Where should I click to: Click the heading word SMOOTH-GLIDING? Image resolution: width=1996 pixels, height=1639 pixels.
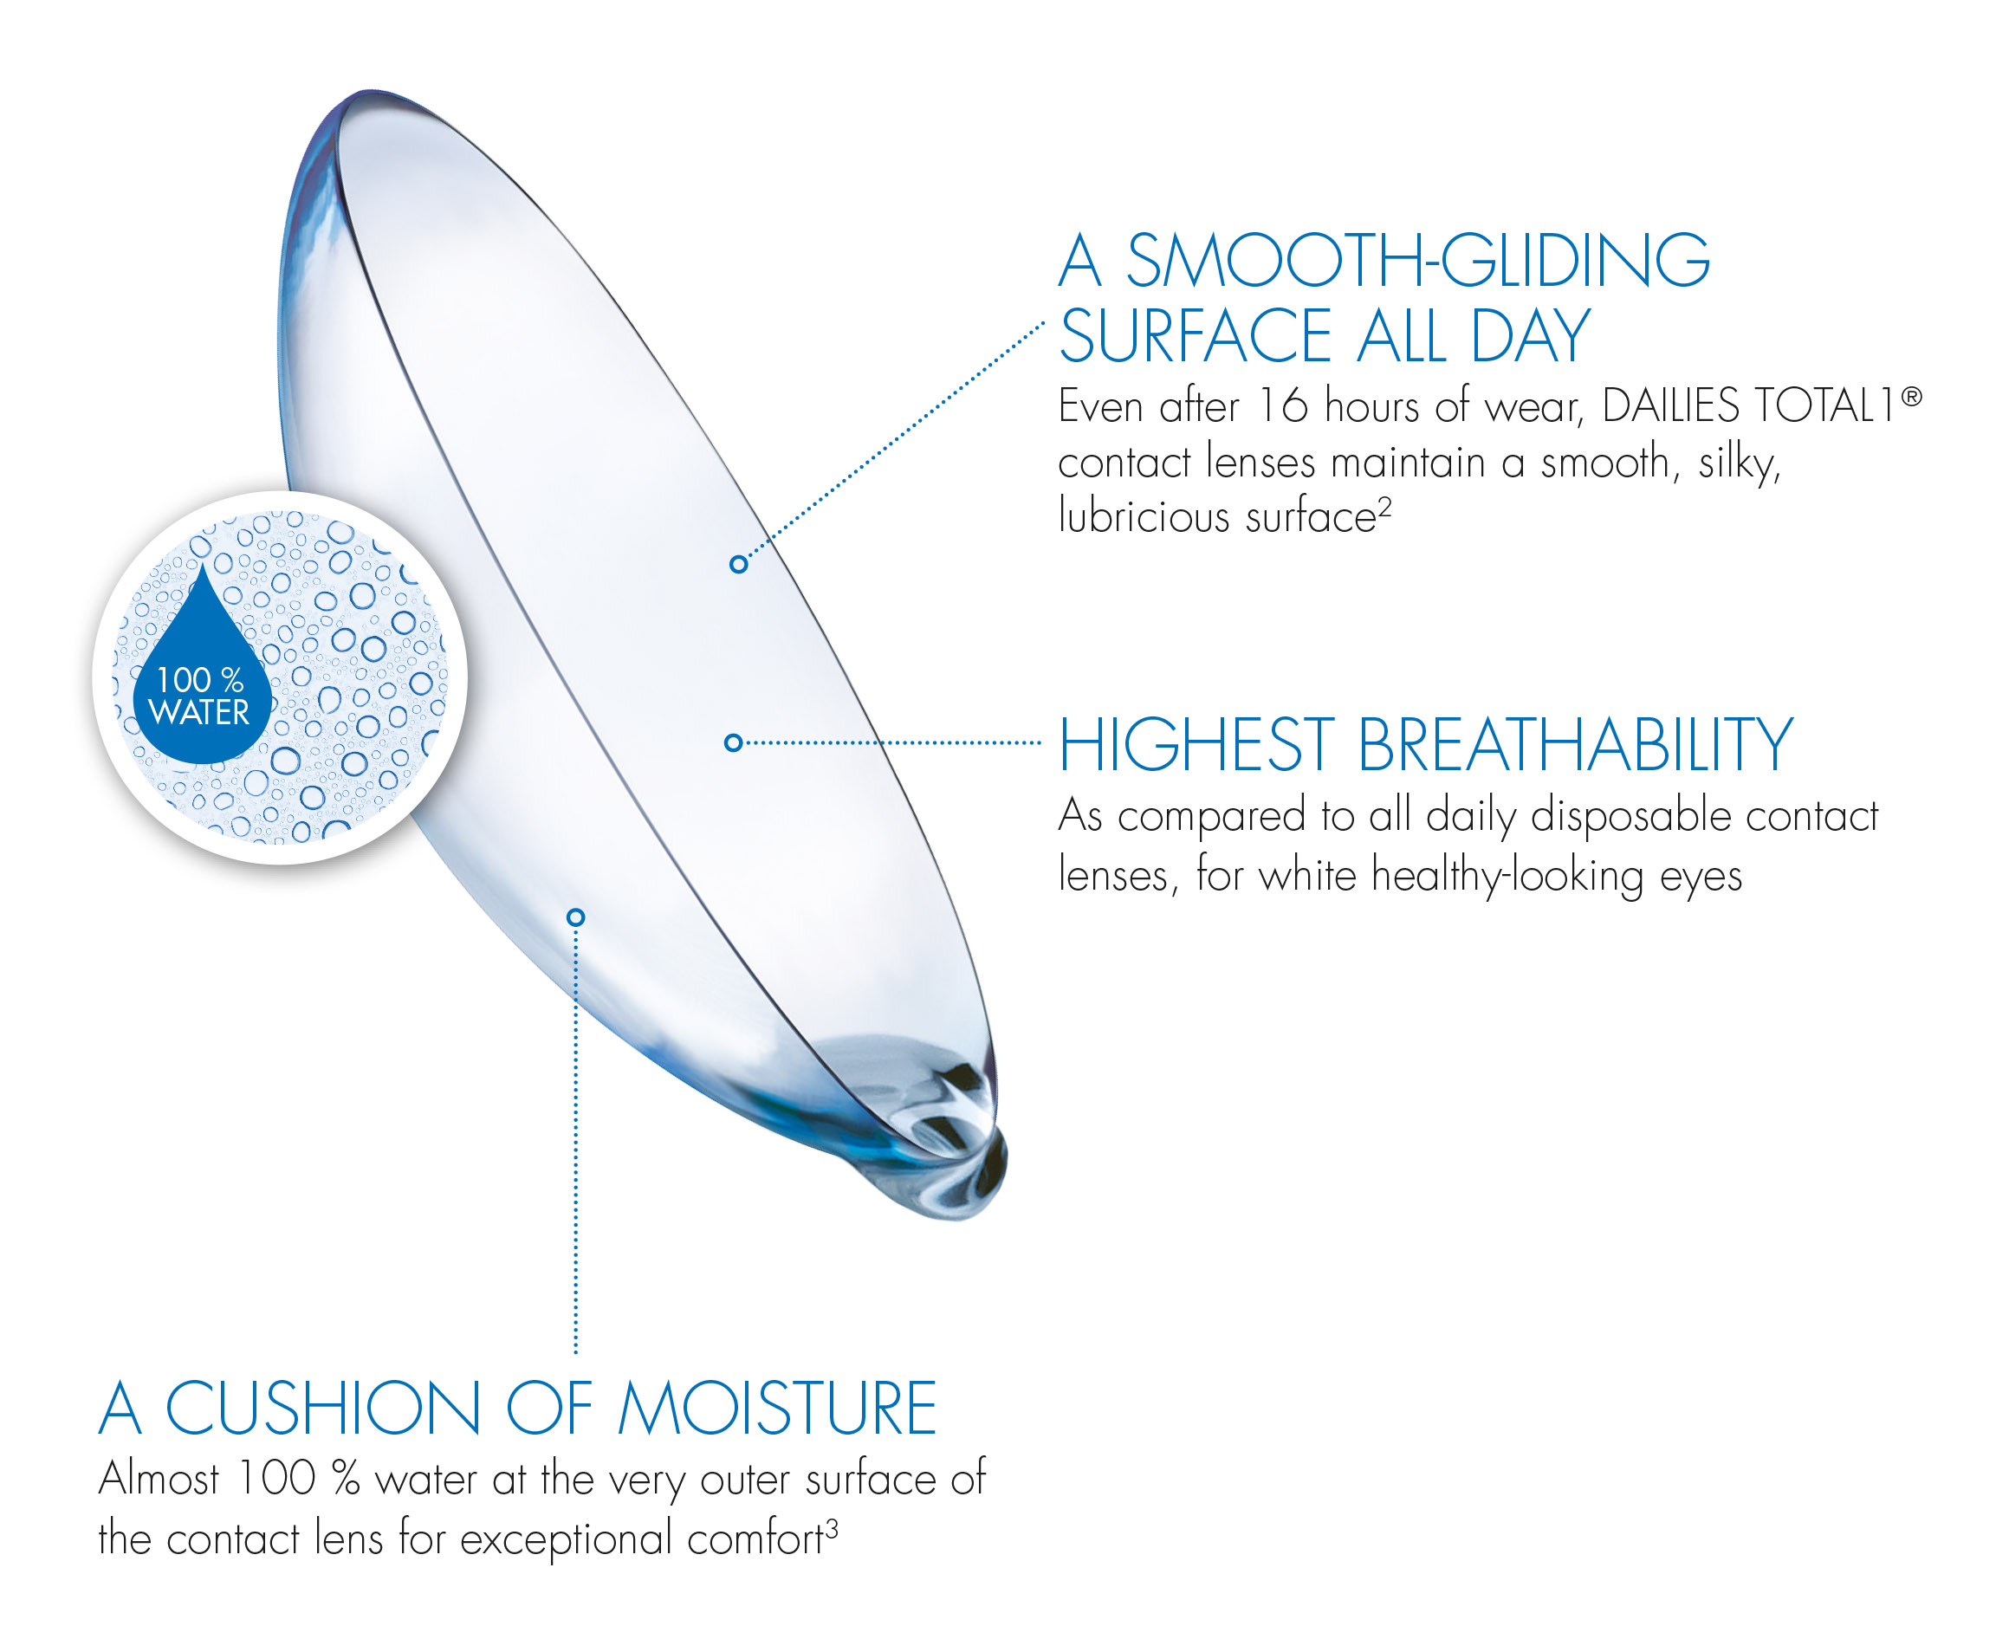(1418, 260)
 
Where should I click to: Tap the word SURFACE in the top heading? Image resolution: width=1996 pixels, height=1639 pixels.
(1195, 336)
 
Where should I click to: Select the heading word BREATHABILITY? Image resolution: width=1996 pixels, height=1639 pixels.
(1575, 745)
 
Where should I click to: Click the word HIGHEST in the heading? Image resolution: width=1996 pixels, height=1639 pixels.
(1196, 745)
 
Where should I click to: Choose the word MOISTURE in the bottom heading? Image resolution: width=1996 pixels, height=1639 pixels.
(776, 1408)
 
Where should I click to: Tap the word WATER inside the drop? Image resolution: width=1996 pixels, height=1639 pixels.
(199, 713)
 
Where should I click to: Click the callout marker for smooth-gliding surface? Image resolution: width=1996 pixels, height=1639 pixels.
(738, 565)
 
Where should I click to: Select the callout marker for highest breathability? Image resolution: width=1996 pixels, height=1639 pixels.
(733, 743)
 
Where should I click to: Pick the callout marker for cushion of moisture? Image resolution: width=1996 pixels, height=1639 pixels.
(576, 917)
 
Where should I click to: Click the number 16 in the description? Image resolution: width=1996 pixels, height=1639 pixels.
(1283, 406)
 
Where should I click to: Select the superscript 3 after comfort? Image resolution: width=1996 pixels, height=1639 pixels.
(832, 1528)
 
